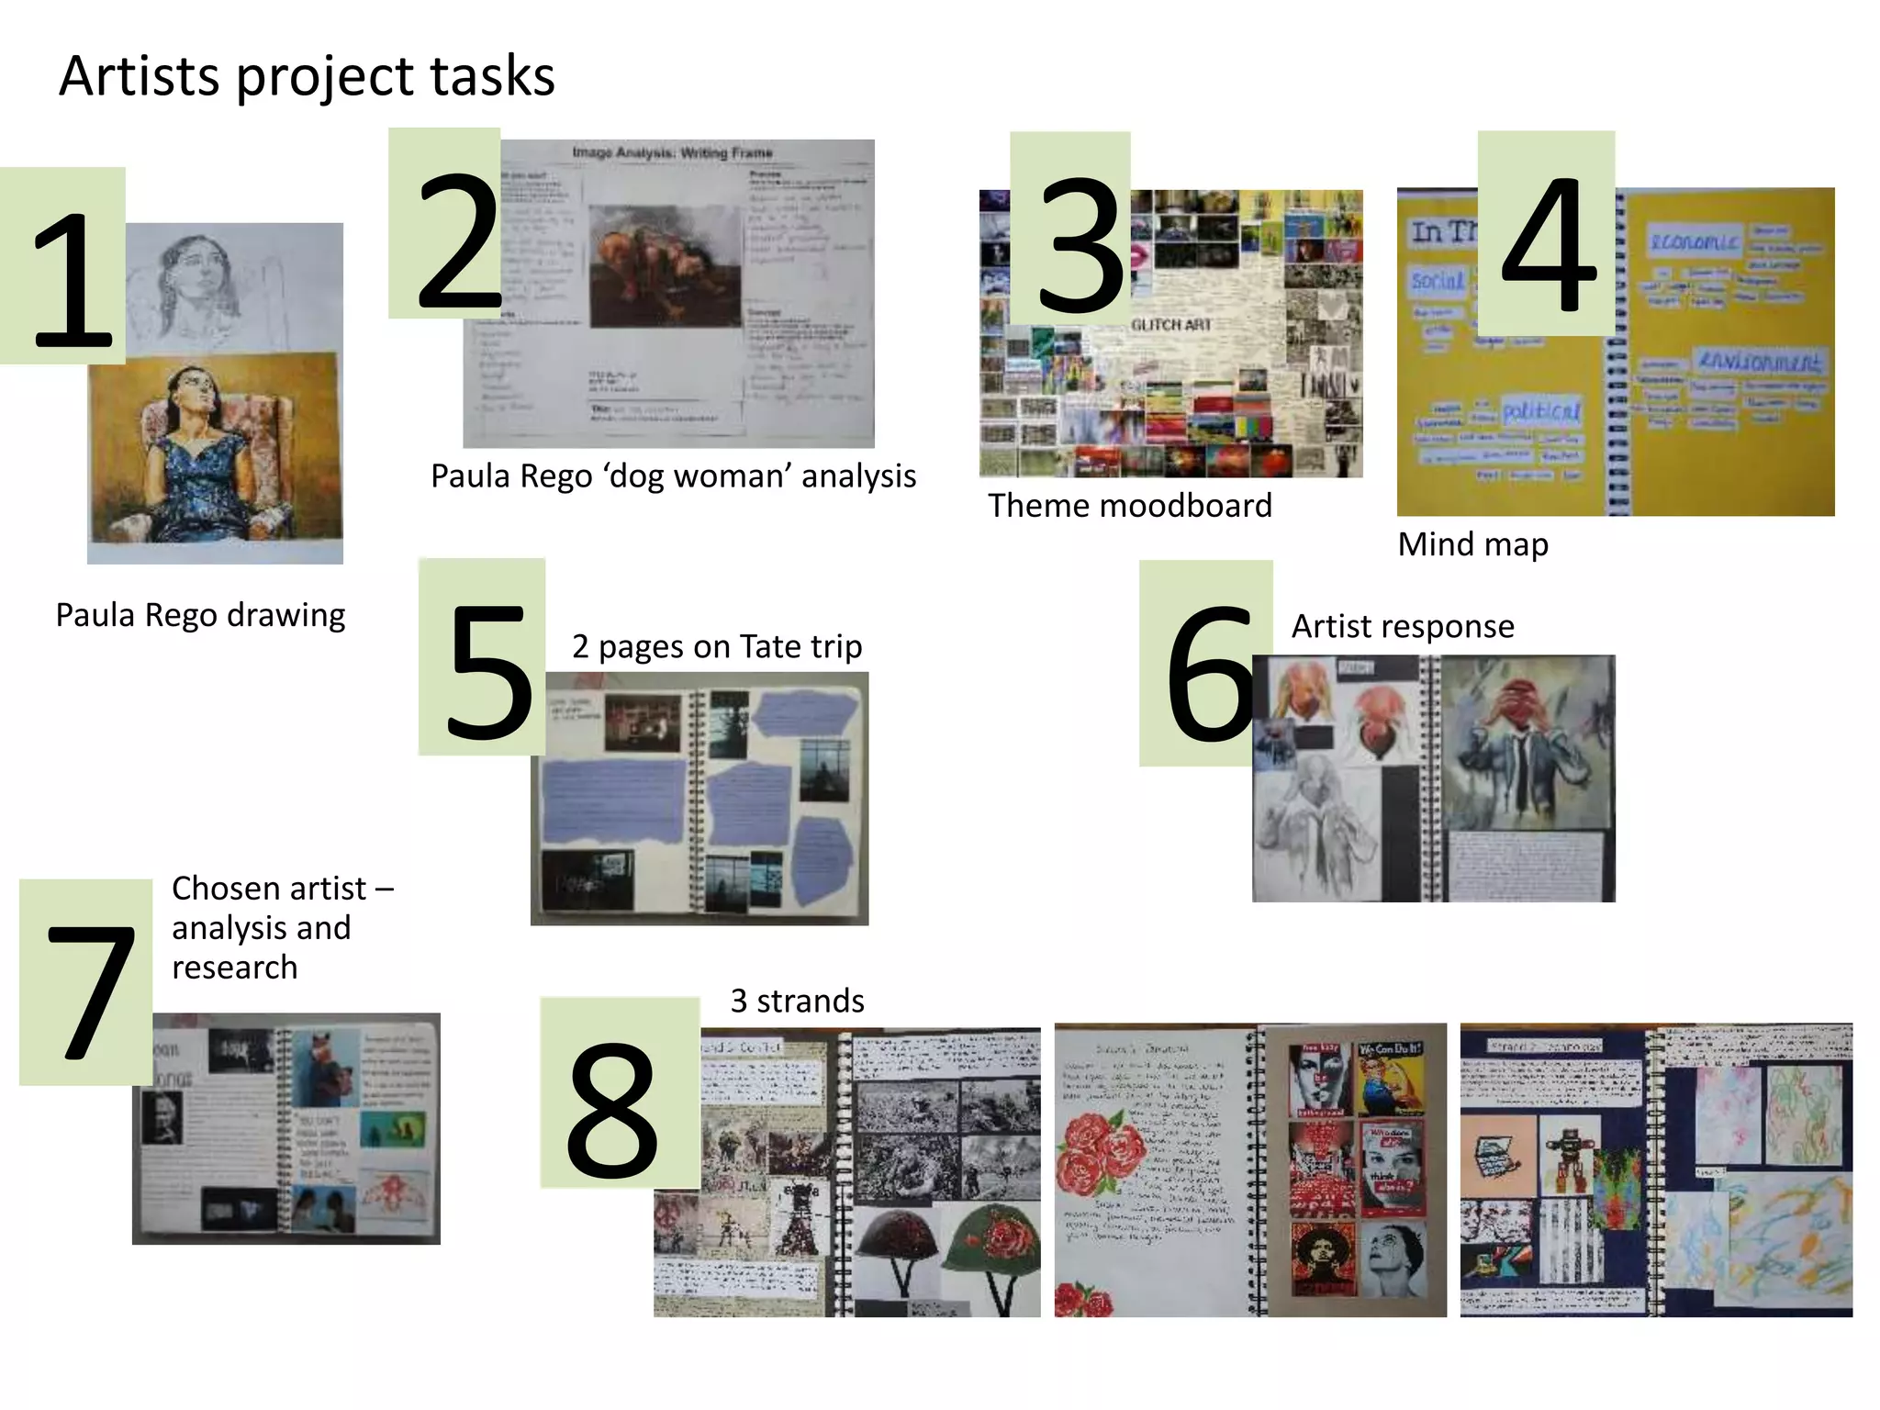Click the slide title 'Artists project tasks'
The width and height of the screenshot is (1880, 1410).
click(307, 75)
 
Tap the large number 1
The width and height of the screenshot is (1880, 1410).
click(73, 280)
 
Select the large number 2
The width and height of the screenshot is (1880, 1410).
click(457, 241)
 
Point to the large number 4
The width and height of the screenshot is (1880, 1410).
click(1548, 243)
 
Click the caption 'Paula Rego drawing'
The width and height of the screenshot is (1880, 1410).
click(200, 615)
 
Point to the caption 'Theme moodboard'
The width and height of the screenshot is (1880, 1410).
click(1129, 506)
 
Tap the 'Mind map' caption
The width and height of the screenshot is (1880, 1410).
click(1472, 544)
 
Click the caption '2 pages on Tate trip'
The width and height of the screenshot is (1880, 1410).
click(716, 647)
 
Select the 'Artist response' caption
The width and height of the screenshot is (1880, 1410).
click(1402, 626)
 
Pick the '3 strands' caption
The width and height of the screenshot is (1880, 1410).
click(797, 1001)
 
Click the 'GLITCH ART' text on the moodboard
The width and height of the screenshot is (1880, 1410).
click(1170, 325)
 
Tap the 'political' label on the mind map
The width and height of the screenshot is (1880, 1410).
click(1541, 410)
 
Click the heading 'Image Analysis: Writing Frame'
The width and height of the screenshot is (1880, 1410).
click(672, 152)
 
